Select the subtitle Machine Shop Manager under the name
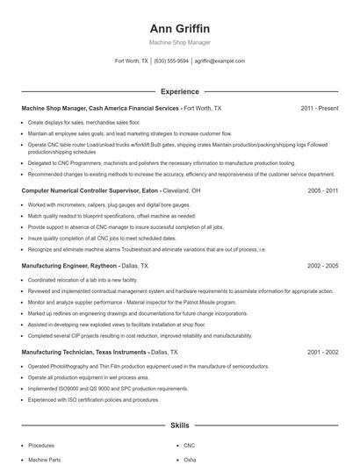tap(180, 43)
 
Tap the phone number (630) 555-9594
tap(171, 61)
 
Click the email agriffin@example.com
tap(220, 61)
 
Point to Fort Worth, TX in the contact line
tap(132, 61)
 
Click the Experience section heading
tap(180, 91)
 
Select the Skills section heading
tap(180, 426)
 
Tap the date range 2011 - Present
tap(319, 108)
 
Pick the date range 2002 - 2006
tap(320, 265)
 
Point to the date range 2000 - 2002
tap(320, 352)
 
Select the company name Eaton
tap(126, 190)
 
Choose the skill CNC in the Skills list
tap(190, 446)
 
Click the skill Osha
tap(191, 459)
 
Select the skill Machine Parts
tap(44, 459)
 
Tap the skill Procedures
tap(41, 446)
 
